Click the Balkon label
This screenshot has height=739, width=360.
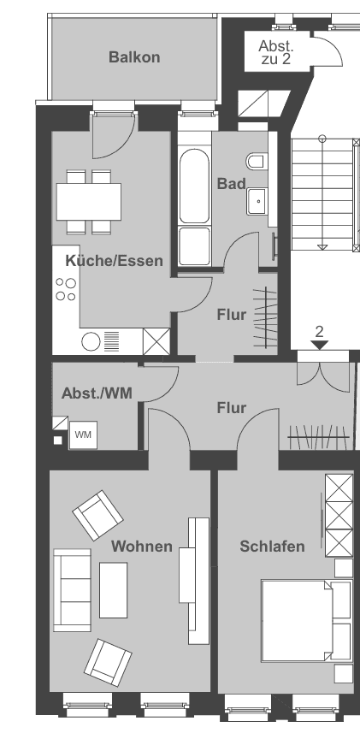pyautogui.click(x=134, y=57)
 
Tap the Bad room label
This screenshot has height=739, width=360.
pyautogui.click(x=231, y=184)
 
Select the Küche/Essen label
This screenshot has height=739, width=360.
pyautogui.click(x=114, y=261)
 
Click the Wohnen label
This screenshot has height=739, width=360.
pyautogui.click(x=142, y=546)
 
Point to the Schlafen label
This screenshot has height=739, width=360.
pyautogui.click(x=272, y=546)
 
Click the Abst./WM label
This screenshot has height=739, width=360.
pyautogui.click(x=96, y=393)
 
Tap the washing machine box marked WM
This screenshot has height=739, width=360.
pyautogui.click(x=83, y=435)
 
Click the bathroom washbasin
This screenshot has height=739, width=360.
pyautogui.click(x=256, y=201)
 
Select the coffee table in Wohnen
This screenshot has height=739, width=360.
pyautogui.click(x=113, y=589)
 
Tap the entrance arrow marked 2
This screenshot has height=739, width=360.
pyautogui.click(x=319, y=344)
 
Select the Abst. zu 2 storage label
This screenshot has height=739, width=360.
pyautogui.click(x=275, y=53)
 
